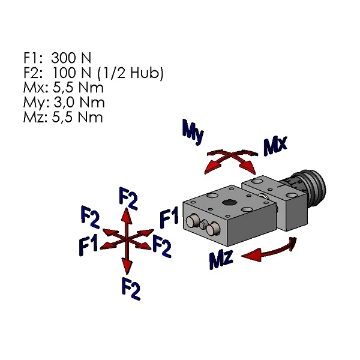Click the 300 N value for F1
point(71,59)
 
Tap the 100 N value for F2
point(71,73)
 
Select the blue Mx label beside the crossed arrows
point(275,145)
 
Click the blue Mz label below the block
point(221,260)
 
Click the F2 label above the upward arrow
point(129,196)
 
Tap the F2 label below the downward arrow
point(130,289)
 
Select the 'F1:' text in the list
point(33,59)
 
